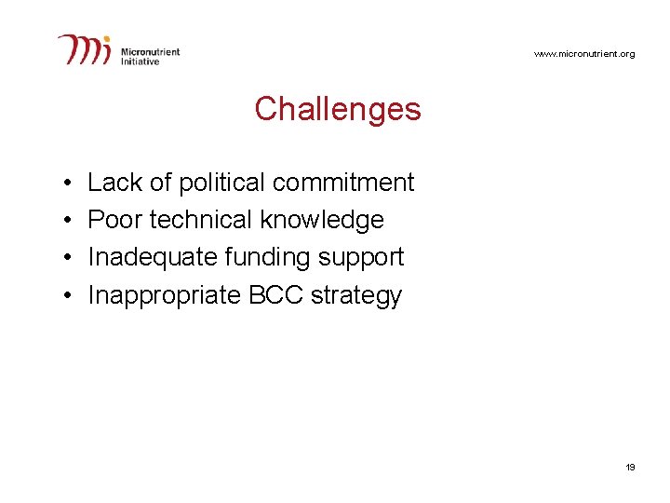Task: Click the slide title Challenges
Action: pos(337,109)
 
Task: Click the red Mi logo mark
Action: pos(86,49)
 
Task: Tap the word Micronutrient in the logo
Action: pos(151,52)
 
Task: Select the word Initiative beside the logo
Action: pos(141,61)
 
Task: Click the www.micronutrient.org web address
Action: pos(584,54)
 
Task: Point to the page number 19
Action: pos(630,467)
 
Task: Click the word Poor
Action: pos(114,220)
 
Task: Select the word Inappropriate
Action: pos(164,296)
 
